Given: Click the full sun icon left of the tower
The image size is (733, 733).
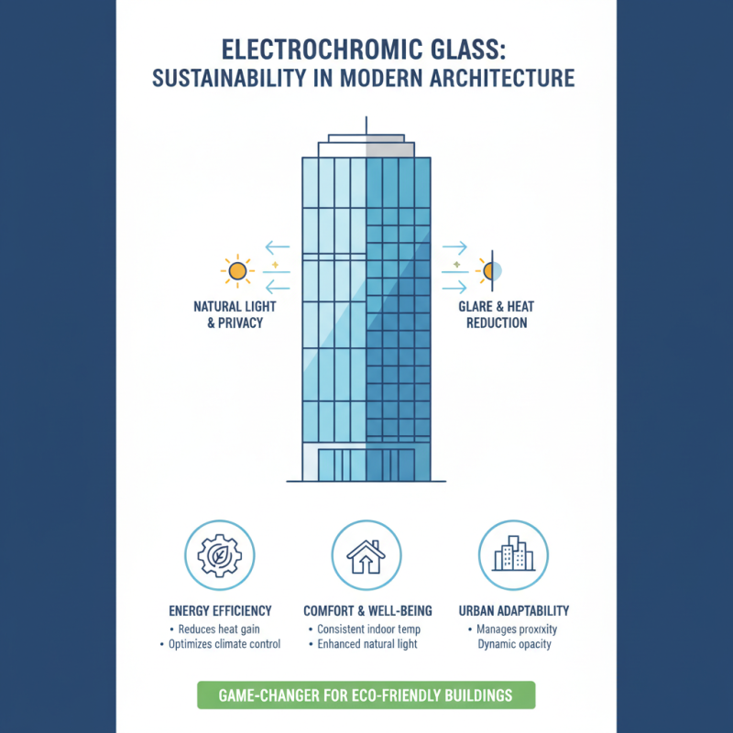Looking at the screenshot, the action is click(237, 270).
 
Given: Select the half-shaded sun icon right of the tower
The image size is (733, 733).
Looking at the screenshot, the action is click(487, 270).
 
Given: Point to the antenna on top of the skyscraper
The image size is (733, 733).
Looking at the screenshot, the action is click(366, 125).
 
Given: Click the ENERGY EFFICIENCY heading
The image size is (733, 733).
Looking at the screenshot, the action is click(220, 610).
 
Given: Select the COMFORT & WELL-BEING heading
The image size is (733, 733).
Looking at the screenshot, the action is click(366, 610).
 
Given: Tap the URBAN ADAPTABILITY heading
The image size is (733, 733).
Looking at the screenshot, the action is click(513, 610).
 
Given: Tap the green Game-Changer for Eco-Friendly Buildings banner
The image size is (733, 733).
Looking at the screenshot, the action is click(366, 695).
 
